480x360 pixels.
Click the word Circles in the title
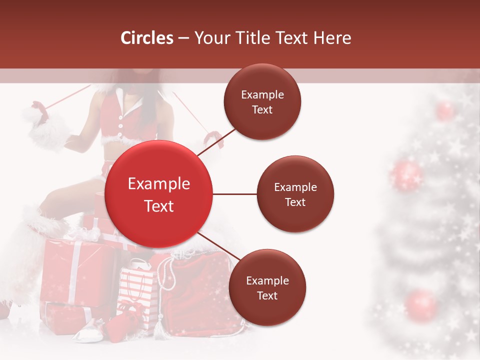(147, 38)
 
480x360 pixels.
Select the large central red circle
(159, 194)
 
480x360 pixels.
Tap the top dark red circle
(262, 102)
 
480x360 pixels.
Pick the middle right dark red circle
(295, 194)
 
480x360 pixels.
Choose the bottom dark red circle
(267, 287)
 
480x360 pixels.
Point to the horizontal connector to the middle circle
(235, 194)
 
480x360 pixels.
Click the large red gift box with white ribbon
(75, 270)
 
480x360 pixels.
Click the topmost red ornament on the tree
(444, 110)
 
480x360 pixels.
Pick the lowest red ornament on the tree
(421, 304)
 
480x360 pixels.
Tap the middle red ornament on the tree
(406, 175)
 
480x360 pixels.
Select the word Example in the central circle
(159, 184)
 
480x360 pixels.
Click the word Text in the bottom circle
(267, 295)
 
